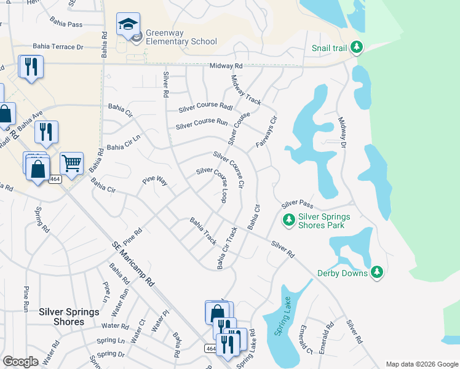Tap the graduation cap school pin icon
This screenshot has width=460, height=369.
128,25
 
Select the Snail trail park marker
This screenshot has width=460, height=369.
356,47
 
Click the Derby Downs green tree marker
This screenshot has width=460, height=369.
376,272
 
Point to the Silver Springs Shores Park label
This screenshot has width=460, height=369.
323,221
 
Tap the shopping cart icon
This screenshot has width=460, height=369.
71,164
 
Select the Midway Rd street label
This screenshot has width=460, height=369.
226,66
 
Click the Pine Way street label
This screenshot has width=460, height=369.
155,181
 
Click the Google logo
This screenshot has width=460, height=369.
21,362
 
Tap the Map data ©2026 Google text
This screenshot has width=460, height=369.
421,364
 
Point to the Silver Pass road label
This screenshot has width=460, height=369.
298,204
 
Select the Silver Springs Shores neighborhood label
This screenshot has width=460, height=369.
69,317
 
